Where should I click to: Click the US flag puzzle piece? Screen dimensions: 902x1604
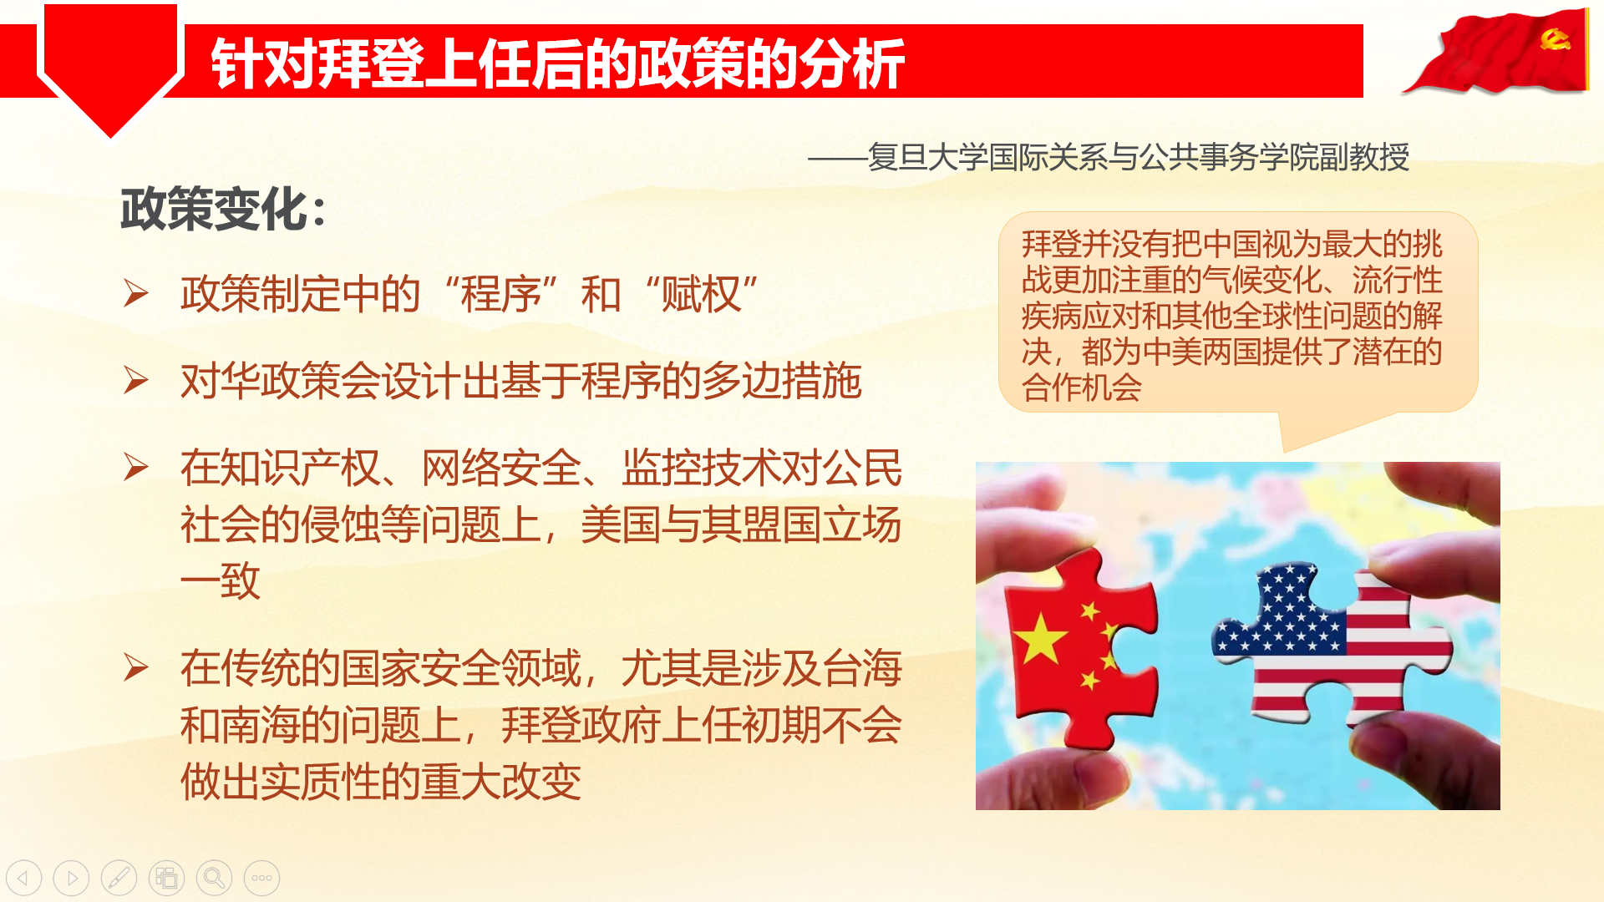tap(1328, 643)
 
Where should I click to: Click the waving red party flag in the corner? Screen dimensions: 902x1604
tap(1495, 52)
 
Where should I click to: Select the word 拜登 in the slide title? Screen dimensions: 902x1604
tap(371, 63)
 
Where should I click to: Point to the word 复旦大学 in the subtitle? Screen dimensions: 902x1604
tap(927, 157)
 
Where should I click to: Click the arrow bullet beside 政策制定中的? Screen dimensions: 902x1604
tap(135, 293)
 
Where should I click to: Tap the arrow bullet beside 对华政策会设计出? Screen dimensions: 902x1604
tap(135, 380)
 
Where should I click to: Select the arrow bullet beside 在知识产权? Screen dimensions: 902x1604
tap(135, 467)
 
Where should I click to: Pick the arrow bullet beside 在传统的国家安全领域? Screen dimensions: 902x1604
tap(135, 667)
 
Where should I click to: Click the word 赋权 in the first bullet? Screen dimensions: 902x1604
tap(700, 294)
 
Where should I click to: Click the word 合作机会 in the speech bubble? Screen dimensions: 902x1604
tap(1081, 388)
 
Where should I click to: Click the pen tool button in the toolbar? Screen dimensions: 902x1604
tap(119, 878)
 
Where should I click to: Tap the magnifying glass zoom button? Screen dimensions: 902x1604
tap(214, 878)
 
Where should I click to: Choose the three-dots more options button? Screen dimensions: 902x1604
tap(261, 878)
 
